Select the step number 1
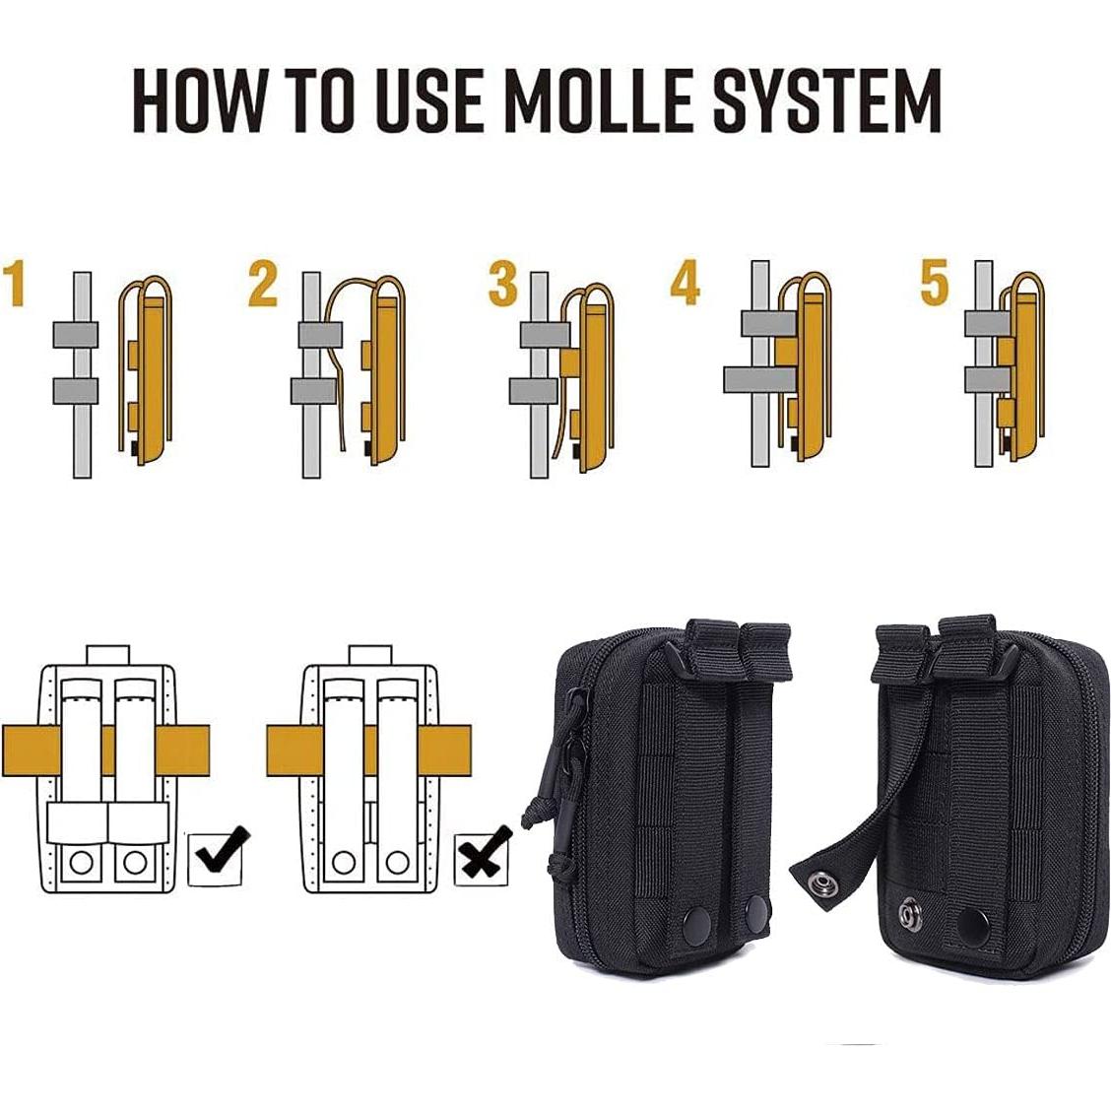click(x=14, y=284)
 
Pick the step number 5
click(x=934, y=283)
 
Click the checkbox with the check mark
click(x=219, y=858)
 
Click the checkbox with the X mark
click(x=484, y=858)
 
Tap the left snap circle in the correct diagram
click(x=81, y=862)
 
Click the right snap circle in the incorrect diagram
click(x=397, y=862)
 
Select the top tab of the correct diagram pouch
click(x=107, y=655)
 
